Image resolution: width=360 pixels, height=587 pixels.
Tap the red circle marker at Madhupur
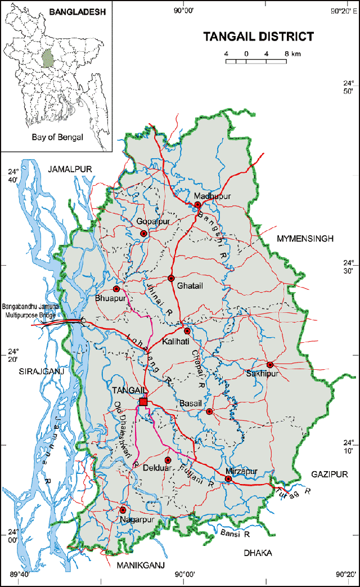[x=198, y=205]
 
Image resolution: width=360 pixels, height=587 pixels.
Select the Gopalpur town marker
[x=143, y=233]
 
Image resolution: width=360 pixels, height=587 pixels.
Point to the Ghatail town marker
[x=172, y=278]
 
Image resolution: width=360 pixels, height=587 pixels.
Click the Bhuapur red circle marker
[x=116, y=289]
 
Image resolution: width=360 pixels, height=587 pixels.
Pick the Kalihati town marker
[x=187, y=331]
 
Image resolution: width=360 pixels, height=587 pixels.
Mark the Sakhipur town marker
[x=270, y=365]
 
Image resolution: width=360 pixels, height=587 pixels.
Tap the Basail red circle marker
[x=209, y=411]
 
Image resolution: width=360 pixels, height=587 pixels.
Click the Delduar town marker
[x=167, y=460]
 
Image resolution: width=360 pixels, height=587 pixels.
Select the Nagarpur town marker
[x=123, y=510]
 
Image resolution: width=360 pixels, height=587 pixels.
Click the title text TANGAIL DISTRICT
[x=258, y=37]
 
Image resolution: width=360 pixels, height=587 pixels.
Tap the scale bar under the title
[x=256, y=60]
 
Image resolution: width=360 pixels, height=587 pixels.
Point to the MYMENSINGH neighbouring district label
[x=305, y=239]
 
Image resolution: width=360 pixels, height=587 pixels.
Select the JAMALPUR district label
[x=70, y=169]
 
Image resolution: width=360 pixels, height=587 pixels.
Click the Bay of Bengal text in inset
[x=57, y=137]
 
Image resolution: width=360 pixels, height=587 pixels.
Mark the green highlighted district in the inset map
[x=49, y=59]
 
